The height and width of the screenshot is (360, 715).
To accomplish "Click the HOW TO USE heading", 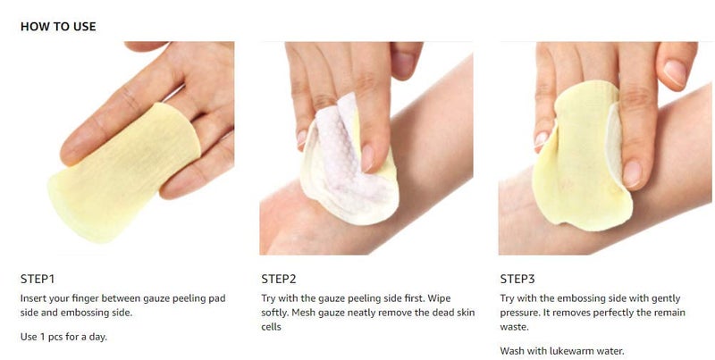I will pyautogui.click(x=58, y=27).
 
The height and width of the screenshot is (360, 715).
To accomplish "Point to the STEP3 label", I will pyautogui.click(x=517, y=278).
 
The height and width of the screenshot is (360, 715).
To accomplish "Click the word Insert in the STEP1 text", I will pyautogui.click(x=34, y=297).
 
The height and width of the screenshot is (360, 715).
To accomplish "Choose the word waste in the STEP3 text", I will pyautogui.click(x=515, y=328).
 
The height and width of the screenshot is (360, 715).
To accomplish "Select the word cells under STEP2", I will pyautogui.click(x=272, y=328).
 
